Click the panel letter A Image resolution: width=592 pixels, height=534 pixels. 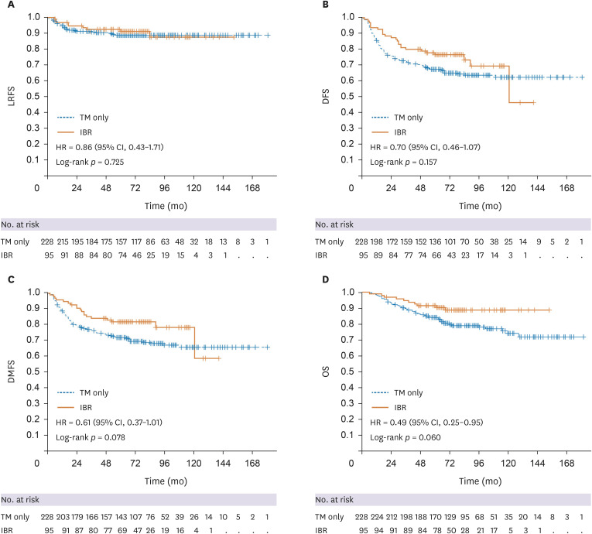pos(5,5)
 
